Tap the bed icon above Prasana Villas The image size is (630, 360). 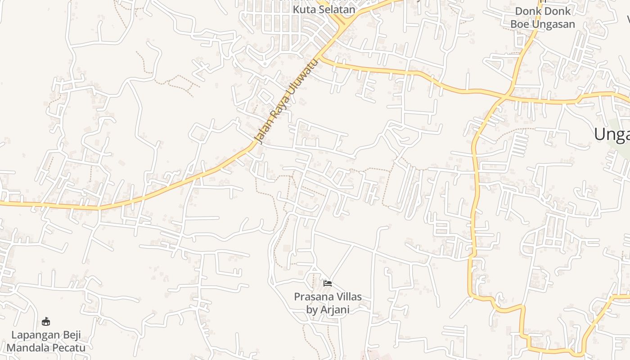click(328, 283)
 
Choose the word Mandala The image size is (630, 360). click(26, 348)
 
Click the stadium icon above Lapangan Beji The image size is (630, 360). click(46, 321)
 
